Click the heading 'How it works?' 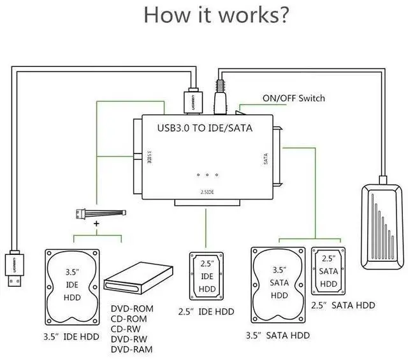(x=212, y=16)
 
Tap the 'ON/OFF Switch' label (x=293, y=98)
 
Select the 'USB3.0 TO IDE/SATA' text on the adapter (x=205, y=128)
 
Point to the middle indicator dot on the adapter (x=208, y=175)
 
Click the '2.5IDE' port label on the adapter (x=207, y=191)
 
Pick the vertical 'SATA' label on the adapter (x=266, y=158)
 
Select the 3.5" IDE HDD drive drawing (x=72, y=287)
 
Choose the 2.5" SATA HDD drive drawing (x=328, y=271)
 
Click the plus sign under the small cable (x=97, y=225)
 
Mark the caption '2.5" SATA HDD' (x=343, y=305)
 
